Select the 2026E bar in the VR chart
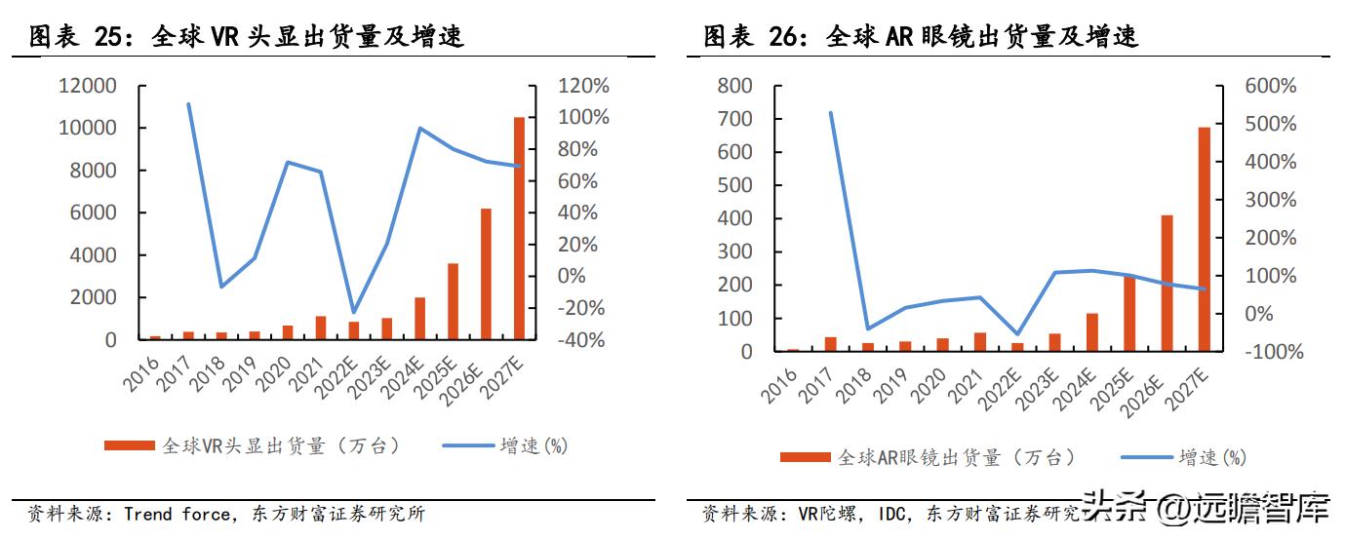point(486,274)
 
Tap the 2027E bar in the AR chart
point(1204,239)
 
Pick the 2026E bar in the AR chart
point(1167,283)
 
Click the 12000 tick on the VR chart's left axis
point(88,86)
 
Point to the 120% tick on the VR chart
point(583,86)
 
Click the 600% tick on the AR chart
point(1270,86)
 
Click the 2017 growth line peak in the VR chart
point(188,104)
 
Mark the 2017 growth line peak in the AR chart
point(831,113)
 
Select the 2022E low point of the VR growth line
point(353,312)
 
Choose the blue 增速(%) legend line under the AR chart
point(1147,456)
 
